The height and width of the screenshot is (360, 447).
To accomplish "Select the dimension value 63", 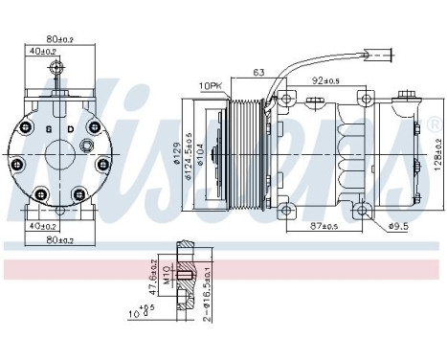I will click(x=259, y=70).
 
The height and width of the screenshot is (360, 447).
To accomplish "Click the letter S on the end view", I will click(x=48, y=128).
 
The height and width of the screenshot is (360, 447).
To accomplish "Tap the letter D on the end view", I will click(x=71, y=128).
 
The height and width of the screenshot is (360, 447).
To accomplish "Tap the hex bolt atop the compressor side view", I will click(x=410, y=94).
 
